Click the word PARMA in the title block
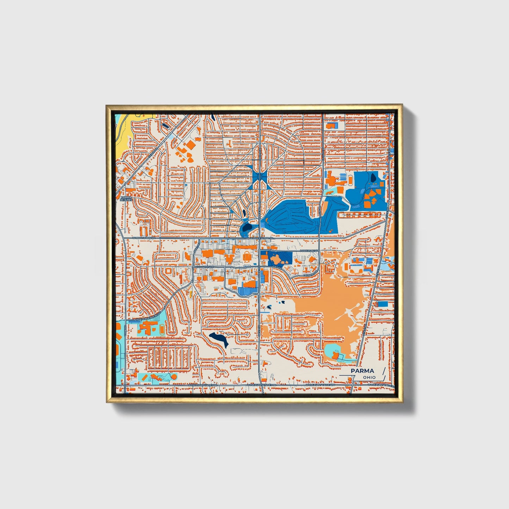point(362,371)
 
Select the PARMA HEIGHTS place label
point(126,198)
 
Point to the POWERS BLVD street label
point(309,251)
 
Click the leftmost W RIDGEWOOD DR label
point(143,238)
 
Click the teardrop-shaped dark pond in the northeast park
point(373,177)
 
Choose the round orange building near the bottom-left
point(173,377)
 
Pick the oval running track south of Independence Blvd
point(161,330)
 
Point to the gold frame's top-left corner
point(107,105)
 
